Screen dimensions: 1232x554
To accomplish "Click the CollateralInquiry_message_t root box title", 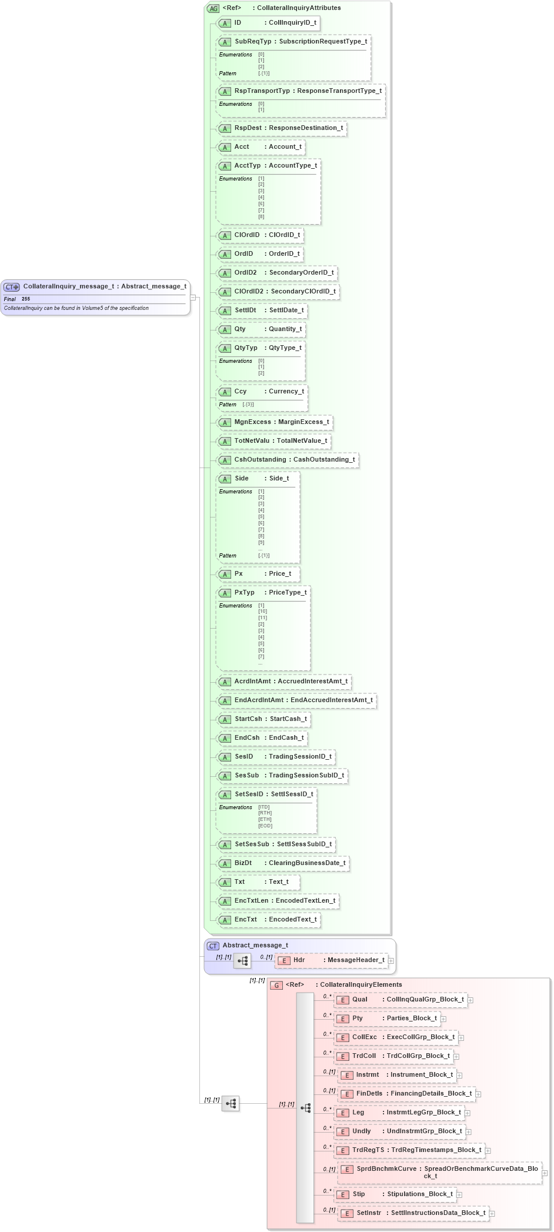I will tap(104, 286).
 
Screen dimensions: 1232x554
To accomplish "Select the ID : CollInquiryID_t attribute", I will tap(275, 23).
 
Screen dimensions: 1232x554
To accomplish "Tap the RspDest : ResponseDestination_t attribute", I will tap(288, 128).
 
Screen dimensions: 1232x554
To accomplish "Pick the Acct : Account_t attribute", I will tap(267, 147).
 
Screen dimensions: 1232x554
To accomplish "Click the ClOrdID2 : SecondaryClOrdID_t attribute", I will tap(285, 292).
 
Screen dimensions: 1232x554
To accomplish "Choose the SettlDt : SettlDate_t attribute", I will tap(269, 310).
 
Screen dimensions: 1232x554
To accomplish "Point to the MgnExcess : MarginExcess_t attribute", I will tap(281, 422).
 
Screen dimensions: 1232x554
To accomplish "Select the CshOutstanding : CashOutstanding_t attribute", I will tap(294, 460).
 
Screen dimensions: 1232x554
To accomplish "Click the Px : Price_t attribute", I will tap(262, 574).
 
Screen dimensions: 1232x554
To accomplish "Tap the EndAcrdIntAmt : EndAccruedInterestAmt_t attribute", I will tap(303, 700).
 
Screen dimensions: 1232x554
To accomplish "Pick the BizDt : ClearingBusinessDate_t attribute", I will tap(289, 863).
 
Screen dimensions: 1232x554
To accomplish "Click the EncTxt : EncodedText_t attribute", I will tap(275, 920).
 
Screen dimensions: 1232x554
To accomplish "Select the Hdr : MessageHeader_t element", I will tap(338, 960).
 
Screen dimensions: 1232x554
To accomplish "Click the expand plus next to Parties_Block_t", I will tap(443, 1019).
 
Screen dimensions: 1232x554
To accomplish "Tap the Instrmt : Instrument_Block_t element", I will tap(404, 1075).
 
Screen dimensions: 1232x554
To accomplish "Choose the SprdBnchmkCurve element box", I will tap(446, 1172).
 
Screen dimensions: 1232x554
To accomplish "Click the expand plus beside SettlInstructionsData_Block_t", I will tap(492, 1213).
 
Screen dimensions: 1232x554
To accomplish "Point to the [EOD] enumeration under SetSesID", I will tap(265, 826).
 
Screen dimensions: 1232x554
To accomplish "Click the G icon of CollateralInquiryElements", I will tap(276, 985).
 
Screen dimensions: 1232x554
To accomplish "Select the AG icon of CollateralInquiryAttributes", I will tap(213, 8).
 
